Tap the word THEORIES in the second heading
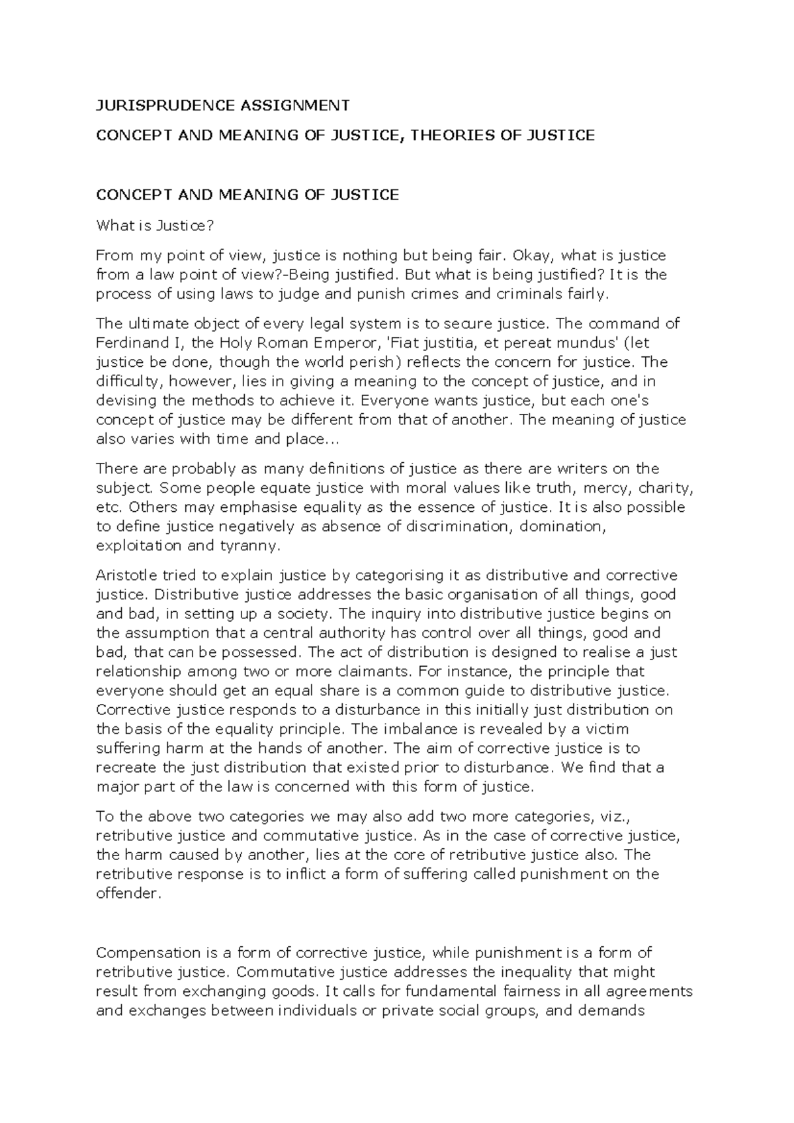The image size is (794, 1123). (x=464, y=135)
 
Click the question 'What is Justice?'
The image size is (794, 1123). (x=155, y=226)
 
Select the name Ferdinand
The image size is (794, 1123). (x=134, y=343)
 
